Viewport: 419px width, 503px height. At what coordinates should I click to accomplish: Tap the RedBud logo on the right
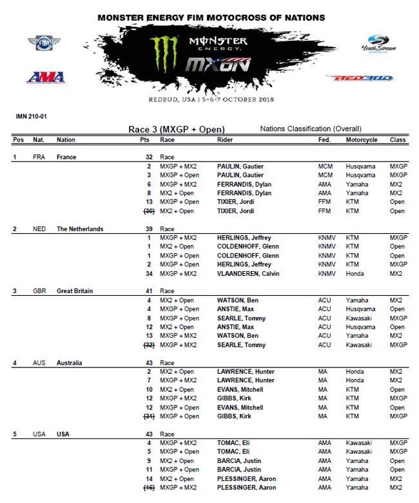pyautogui.click(x=358, y=78)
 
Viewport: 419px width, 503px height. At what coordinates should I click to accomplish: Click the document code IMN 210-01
pyautogui.click(x=31, y=117)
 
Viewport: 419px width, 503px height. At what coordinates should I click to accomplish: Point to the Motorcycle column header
pyautogui.click(x=362, y=139)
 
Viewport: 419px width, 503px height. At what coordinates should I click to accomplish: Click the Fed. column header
pyautogui.click(x=324, y=139)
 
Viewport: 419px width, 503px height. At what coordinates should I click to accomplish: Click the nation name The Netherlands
pyautogui.click(x=80, y=229)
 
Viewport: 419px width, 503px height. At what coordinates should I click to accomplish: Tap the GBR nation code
pyautogui.click(x=39, y=291)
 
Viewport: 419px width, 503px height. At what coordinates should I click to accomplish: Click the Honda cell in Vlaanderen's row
pyautogui.click(x=355, y=273)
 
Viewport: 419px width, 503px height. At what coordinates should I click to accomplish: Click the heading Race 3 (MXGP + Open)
pyautogui.click(x=176, y=130)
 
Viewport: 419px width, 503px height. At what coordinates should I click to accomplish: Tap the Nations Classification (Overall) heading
pyautogui.click(x=311, y=129)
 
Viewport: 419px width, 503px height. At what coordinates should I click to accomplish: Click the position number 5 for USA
pyautogui.click(x=15, y=434)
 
